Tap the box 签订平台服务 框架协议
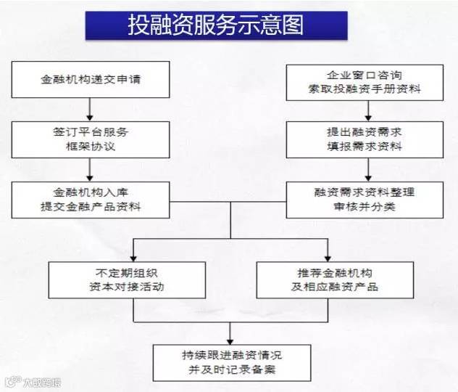90,139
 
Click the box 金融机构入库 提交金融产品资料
90,200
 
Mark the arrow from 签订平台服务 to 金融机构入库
90,169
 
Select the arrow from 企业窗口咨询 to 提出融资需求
369,111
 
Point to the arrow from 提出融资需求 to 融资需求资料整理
369,169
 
